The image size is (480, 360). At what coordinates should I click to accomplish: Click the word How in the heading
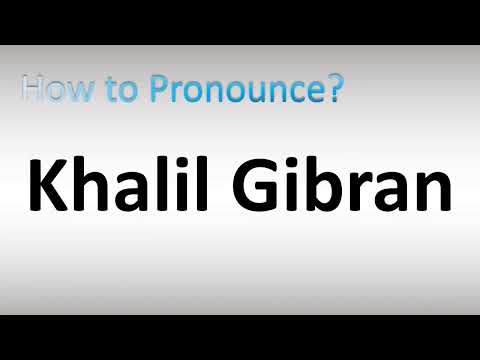point(53,91)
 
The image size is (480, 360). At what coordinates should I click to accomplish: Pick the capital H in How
point(33,91)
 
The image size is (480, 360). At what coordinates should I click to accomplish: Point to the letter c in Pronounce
point(298,95)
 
